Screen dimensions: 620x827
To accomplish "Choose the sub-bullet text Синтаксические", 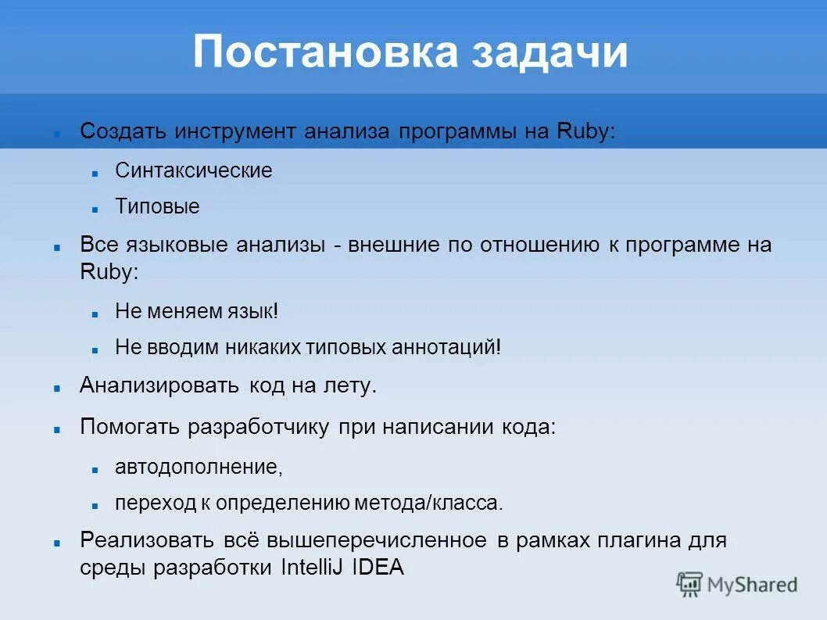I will point(193,170).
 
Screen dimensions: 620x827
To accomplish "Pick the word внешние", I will point(392,245).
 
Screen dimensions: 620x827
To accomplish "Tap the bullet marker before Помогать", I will point(58,429).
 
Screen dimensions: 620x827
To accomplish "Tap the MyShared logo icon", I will point(690,583).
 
